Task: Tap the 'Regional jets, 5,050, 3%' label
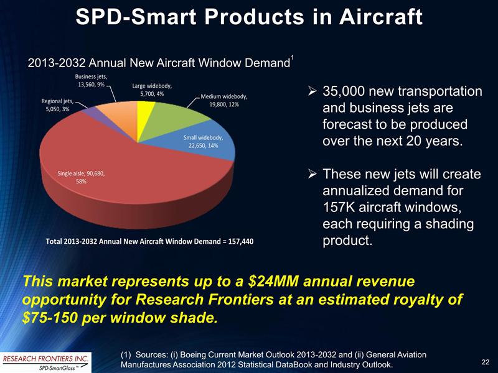[x=57, y=104]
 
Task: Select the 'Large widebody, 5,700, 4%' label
[x=152, y=90]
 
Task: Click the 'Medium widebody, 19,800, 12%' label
[x=224, y=100]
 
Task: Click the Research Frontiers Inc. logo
[x=45, y=361]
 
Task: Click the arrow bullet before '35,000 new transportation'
[x=313, y=93]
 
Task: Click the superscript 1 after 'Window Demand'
[x=292, y=58]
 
